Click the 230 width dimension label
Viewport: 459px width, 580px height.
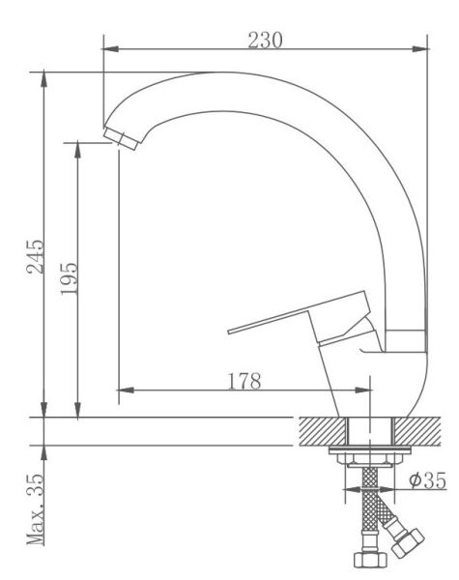pos(265,41)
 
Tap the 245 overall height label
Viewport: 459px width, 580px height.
pos(35,257)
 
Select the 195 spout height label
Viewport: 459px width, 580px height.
pos(70,278)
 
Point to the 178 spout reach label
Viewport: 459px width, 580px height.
pos(244,381)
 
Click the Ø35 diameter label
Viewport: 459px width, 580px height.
pos(427,480)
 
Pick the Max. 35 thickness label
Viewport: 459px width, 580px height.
pos(35,509)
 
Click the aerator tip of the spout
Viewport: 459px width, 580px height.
pos(121,138)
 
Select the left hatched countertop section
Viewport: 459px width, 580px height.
pos(322,431)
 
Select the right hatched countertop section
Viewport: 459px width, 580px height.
pos(418,431)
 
